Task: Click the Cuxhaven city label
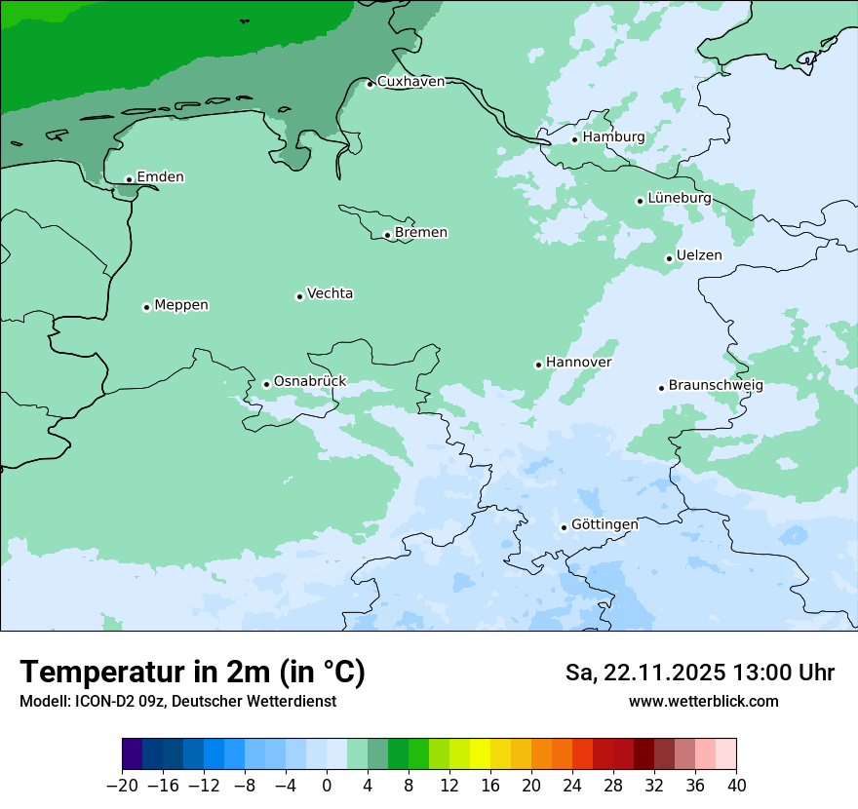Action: [x=410, y=82]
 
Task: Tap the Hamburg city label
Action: [x=613, y=137]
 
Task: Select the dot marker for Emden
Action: [x=129, y=179]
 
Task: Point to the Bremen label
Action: [x=421, y=233]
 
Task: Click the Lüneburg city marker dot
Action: [x=640, y=201]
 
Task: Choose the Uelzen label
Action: [x=699, y=256]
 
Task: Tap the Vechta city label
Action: [x=330, y=293]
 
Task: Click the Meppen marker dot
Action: [x=146, y=307]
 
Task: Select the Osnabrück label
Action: [x=310, y=381]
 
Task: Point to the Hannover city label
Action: [x=578, y=363]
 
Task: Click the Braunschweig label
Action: [x=716, y=385]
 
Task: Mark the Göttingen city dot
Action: [x=564, y=527]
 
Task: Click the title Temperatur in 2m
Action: [x=192, y=673]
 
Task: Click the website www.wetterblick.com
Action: [x=703, y=702]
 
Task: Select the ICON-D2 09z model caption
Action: [x=177, y=702]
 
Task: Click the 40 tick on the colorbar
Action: [x=736, y=786]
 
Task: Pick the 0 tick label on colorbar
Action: [x=327, y=786]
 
